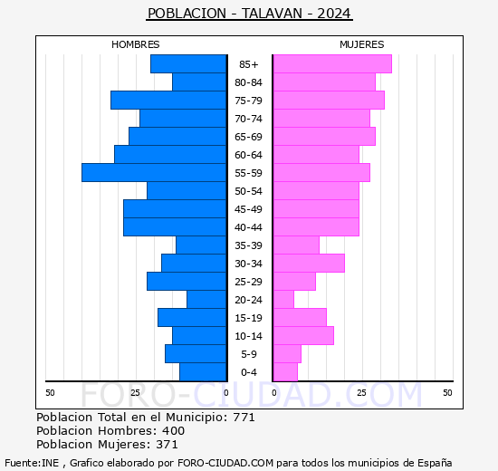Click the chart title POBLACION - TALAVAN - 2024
249,14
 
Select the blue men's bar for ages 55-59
154,172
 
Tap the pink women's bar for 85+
331,63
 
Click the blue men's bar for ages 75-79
168,100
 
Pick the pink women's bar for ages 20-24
283,299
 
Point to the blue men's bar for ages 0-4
203,371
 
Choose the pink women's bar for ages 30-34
308,263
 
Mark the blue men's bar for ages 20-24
206,299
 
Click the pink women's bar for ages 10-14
302,335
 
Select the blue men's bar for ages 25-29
187,281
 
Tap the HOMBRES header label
136,44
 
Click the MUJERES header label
362,44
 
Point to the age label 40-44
249,227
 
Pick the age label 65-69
249,137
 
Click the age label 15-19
249,318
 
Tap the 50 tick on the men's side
50,392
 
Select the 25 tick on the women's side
361,392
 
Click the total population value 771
244,418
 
